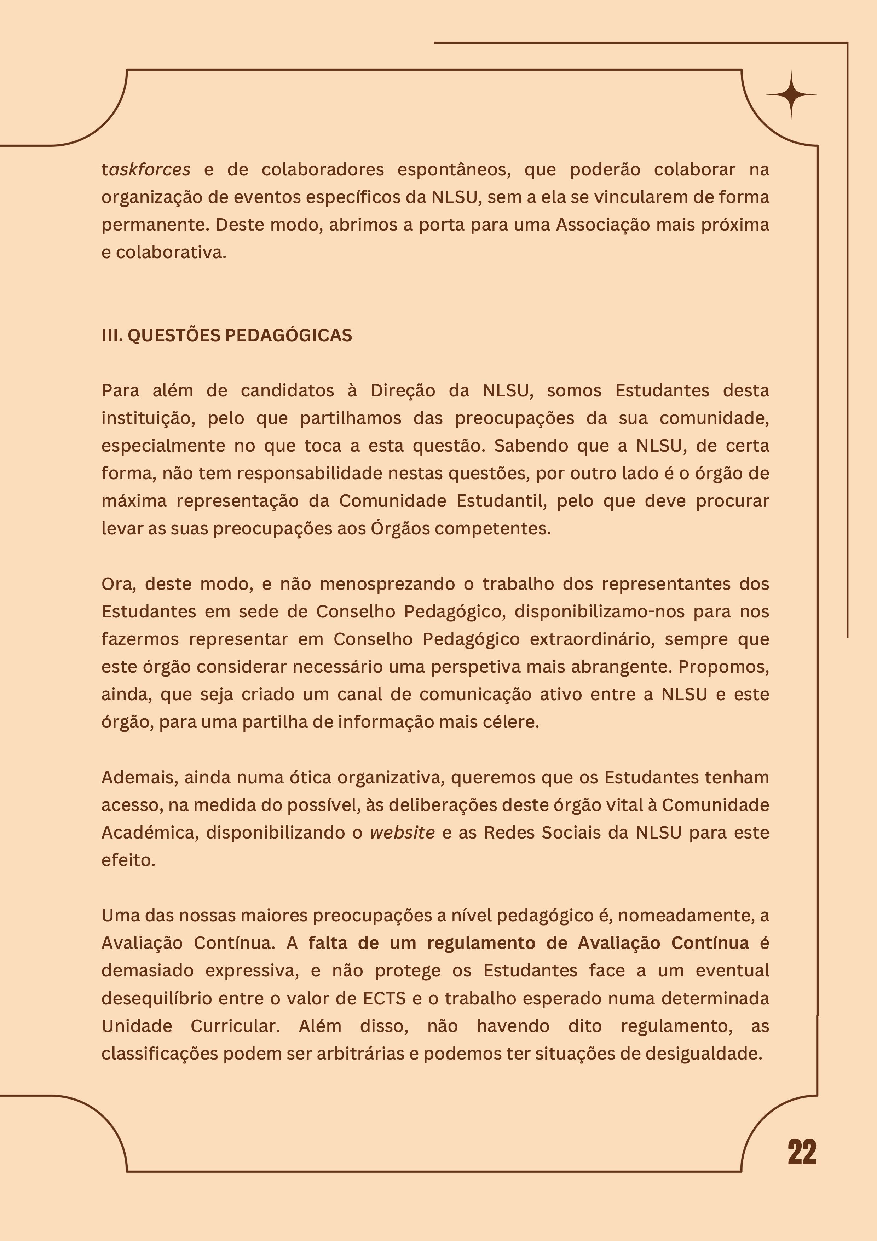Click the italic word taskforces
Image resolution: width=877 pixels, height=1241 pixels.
(x=146, y=170)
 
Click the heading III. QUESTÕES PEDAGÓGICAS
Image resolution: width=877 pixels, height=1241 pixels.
(x=226, y=336)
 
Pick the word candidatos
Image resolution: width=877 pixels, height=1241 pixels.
(x=287, y=391)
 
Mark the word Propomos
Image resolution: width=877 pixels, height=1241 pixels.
(x=723, y=667)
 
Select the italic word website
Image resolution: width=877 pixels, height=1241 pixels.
(x=402, y=833)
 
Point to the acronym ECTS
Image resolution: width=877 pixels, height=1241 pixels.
(x=384, y=998)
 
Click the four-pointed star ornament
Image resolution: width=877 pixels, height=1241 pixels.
(x=791, y=94)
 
